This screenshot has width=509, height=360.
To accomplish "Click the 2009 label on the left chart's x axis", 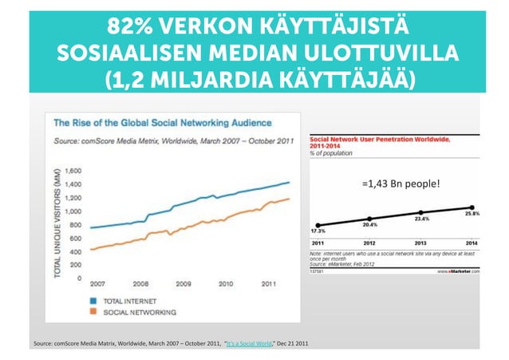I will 183,283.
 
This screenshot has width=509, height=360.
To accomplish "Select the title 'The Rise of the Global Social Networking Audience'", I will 163,124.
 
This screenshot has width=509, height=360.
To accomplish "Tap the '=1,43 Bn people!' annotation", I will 400,184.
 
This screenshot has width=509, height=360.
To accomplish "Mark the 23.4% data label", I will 422,218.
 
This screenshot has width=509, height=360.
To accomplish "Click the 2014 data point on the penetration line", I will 472,207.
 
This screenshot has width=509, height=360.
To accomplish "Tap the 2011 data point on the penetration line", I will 318,225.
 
